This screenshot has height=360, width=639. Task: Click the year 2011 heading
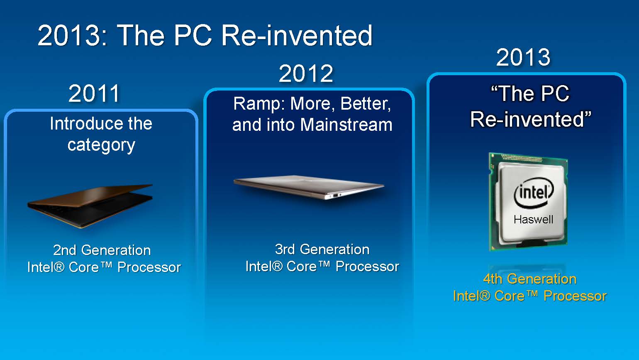point(94,93)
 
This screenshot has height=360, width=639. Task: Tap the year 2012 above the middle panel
point(306,73)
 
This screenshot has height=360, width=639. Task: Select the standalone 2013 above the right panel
point(523,57)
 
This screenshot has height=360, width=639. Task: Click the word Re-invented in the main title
point(297,35)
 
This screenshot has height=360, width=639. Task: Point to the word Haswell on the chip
point(533,220)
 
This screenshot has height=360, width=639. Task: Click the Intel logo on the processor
point(534,193)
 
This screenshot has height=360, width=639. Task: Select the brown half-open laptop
point(90,206)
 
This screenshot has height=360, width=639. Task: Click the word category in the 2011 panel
point(101,145)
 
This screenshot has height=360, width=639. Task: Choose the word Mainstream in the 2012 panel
point(346,125)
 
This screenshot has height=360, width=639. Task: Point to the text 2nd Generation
point(102,250)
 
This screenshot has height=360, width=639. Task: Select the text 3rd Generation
point(322,249)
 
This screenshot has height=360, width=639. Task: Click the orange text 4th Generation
point(530,279)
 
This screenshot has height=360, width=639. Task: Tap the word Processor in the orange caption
point(575,296)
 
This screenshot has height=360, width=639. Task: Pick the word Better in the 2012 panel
point(366,104)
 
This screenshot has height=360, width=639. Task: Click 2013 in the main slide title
point(72,35)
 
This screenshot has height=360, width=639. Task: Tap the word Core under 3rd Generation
point(301,267)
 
